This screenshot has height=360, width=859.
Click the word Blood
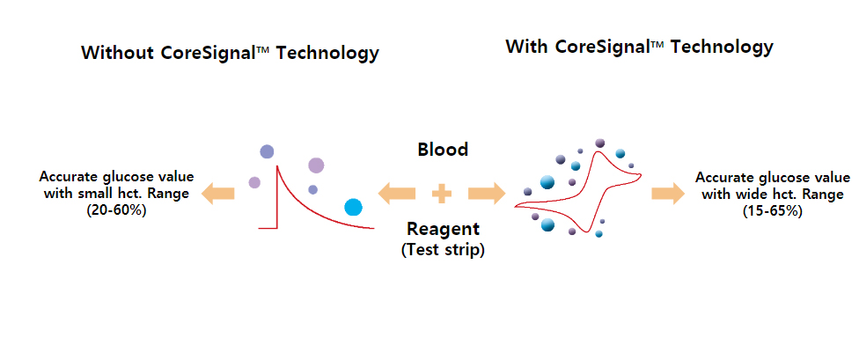click(x=443, y=150)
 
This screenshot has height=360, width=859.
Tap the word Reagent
click(x=443, y=228)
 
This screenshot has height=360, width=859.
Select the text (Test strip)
click(x=443, y=249)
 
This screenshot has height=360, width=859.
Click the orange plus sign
click(x=442, y=194)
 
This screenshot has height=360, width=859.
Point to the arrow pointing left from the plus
click(x=396, y=194)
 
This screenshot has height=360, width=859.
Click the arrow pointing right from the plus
click(x=487, y=194)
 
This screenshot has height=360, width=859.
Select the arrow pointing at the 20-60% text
click(x=218, y=194)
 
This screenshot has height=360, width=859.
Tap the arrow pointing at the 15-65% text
click(x=668, y=194)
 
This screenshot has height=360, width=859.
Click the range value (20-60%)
click(x=116, y=210)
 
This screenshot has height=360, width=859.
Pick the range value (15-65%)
click(x=773, y=211)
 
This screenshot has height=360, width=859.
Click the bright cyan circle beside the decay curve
click(x=353, y=207)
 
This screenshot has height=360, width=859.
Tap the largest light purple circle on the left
click(x=316, y=165)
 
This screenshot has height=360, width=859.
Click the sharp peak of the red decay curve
click(x=276, y=165)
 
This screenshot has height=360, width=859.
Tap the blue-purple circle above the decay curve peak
click(x=267, y=151)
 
